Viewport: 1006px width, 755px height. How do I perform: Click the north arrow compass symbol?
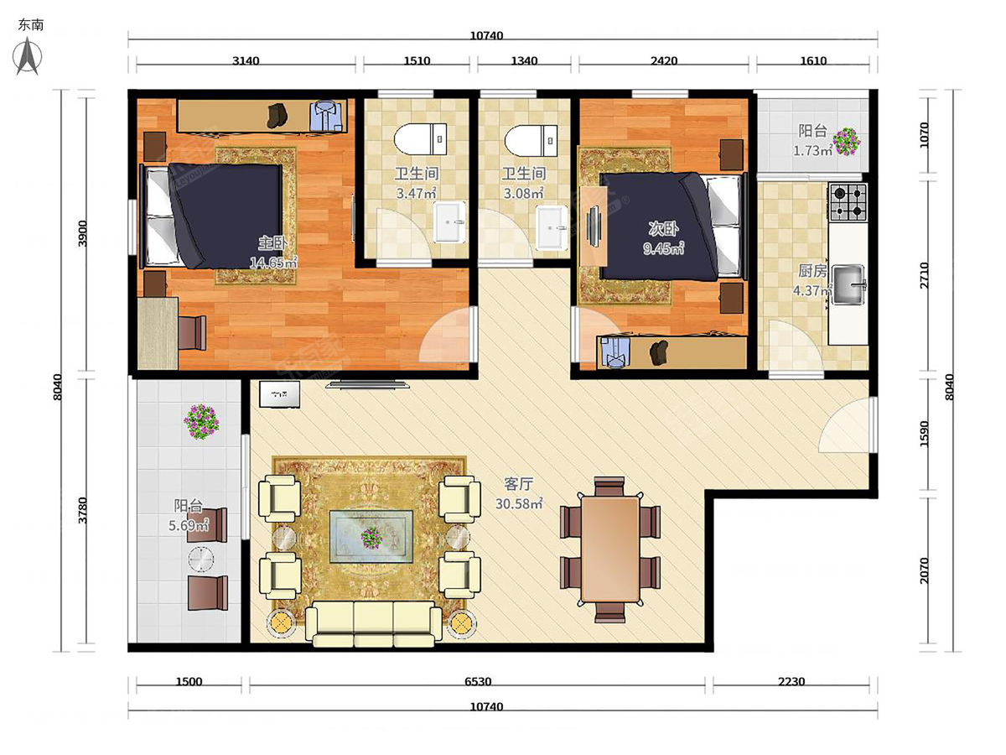tap(28, 56)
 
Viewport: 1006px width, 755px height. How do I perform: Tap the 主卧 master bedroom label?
tap(273, 243)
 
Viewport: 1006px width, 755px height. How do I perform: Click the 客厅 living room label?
tap(519, 484)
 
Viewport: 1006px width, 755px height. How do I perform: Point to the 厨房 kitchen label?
tap(812, 271)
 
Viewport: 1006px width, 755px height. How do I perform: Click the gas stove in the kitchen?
tap(848, 201)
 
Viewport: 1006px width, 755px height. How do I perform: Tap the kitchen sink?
tap(849, 284)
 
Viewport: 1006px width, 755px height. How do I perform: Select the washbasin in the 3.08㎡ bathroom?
tap(552, 227)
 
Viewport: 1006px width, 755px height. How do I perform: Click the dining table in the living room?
tap(610, 549)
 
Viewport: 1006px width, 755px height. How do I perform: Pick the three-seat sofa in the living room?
tap(374, 623)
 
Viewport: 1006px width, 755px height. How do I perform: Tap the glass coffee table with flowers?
tap(371, 536)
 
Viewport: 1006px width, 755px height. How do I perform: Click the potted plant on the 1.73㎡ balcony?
tap(846, 141)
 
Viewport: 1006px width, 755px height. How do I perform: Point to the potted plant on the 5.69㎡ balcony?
tap(201, 421)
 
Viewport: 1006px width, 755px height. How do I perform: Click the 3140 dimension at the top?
tap(246, 61)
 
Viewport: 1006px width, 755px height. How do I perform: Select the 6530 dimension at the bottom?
tap(478, 682)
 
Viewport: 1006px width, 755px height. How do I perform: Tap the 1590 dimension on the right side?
tap(924, 433)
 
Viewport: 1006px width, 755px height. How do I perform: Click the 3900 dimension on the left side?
tap(82, 233)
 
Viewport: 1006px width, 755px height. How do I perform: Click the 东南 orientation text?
tap(31, 25)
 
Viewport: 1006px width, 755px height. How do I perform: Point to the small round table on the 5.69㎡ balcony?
tap(201, 560)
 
